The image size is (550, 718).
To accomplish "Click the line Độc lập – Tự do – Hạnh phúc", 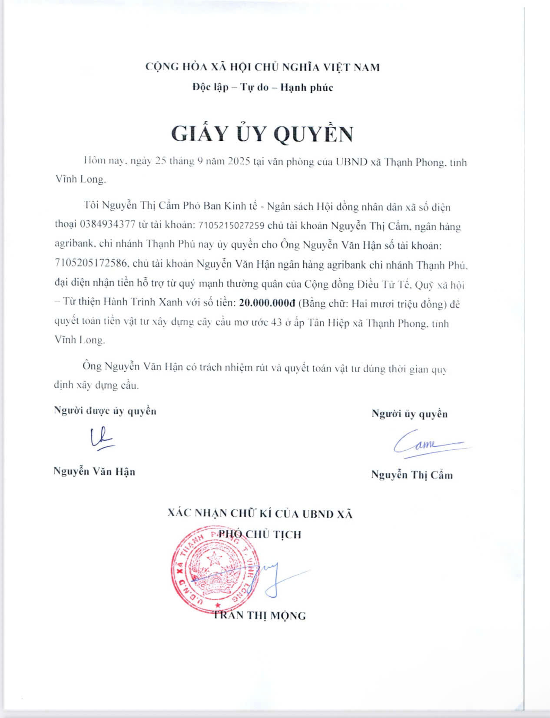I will pos(263,87).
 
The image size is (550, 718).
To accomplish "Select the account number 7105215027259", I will pos(231,226).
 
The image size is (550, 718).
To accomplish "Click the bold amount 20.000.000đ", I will pos(267,303).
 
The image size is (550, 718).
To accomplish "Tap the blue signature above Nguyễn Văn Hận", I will pos(101,438).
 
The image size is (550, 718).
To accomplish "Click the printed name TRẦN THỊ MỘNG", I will pos(259,615).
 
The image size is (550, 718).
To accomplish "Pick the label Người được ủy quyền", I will pos(105,411).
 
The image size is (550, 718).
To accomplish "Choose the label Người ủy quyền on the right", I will pos(409,414).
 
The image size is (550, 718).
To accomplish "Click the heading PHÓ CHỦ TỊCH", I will pos(260,534).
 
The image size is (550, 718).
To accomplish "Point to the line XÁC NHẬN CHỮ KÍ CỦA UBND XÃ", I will pos(260,514).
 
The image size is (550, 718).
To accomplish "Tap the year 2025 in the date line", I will pos(238,162).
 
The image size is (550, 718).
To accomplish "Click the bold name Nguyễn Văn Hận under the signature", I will pos(94,472).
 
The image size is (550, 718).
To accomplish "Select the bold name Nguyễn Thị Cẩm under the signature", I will pos(412,475).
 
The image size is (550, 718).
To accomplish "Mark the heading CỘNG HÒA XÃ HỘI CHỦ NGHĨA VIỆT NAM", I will pos(262,67).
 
